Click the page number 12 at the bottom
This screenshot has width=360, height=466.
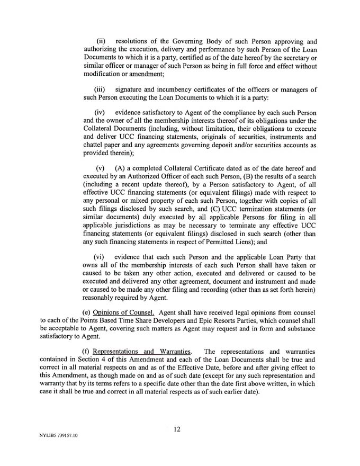tap(177, 429)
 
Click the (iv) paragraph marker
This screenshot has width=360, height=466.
tap(101, 114)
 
